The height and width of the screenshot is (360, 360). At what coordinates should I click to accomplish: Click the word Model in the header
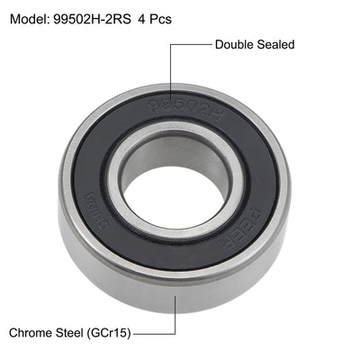[30, 18]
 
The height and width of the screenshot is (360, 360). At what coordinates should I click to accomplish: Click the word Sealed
[276, 43]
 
